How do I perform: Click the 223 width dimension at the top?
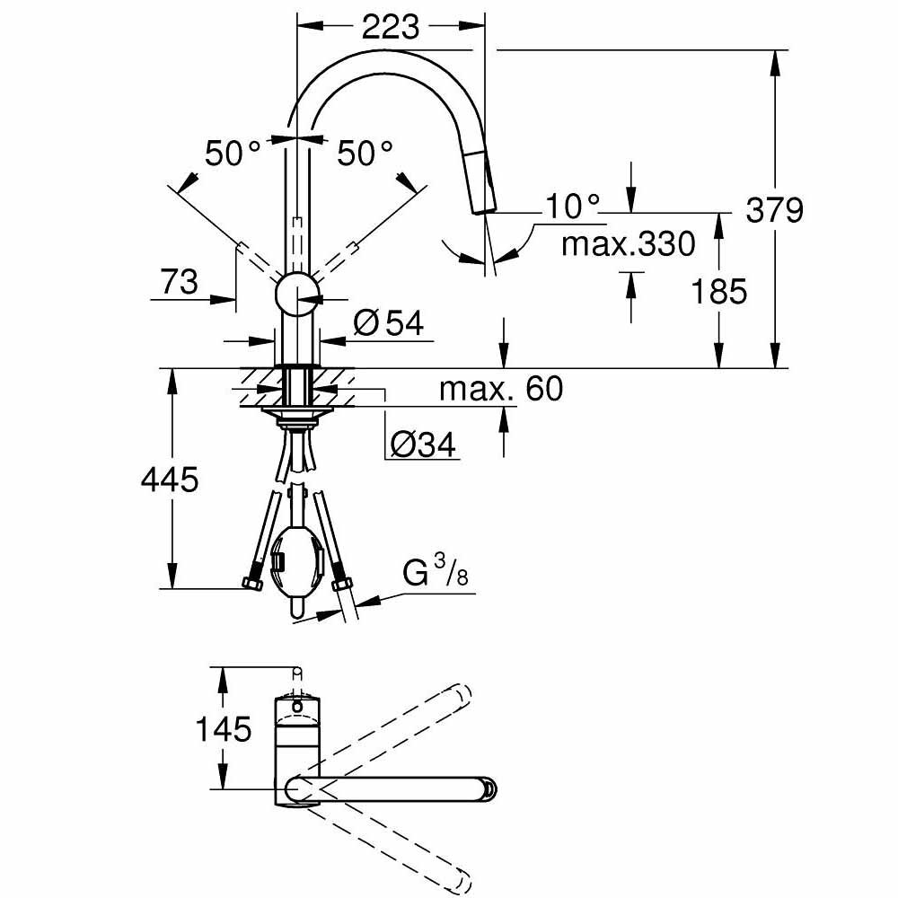[x=391, y=27]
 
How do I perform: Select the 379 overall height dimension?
[x=774, y=210]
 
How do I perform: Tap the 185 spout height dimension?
[x=718, y=291]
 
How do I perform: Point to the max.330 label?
[x=629, y=243]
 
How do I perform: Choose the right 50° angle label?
[x=365, y=154]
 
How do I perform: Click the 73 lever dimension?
[x=180, y=283]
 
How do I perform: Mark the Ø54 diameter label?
[x=388, y=323]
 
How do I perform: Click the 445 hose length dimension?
[x=169, y=480]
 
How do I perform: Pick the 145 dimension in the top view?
[x=224, y=729]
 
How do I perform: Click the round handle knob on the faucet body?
[x=296, y=293]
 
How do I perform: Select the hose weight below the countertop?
[x=296, y=566]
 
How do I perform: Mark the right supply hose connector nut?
[x=340, y=585]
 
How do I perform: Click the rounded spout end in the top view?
[x=488, y=788]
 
